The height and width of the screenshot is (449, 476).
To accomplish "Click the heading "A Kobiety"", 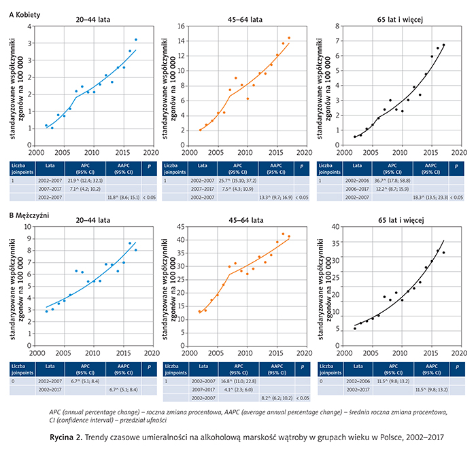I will click(x=23, y=7).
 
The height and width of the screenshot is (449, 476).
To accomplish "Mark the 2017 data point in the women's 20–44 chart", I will click(x=135, y=40).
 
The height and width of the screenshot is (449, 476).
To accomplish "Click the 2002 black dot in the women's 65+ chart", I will click(x=355, y=137).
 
